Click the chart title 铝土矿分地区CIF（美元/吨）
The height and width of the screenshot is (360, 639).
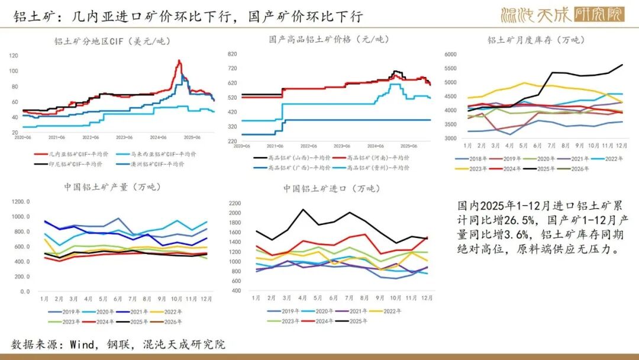click(108, 41)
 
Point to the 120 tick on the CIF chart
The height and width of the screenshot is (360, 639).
click(14, 55)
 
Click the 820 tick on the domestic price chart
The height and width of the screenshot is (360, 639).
click(232, 54)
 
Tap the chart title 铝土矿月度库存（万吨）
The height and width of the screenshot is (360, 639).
click(535, 40)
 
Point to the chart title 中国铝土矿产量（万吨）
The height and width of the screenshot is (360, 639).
click(112, 188)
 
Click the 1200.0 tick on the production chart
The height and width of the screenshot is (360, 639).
click(20, 202)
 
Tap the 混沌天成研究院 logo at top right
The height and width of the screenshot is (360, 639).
click(561, 14)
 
